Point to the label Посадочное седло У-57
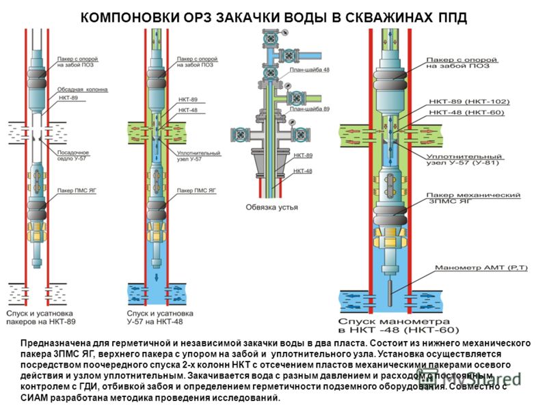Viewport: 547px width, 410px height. pos(71,156)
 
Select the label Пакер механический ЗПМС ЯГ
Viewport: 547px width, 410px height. pos(474,199)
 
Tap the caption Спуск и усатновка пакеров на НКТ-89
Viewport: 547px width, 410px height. pos(41,316)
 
